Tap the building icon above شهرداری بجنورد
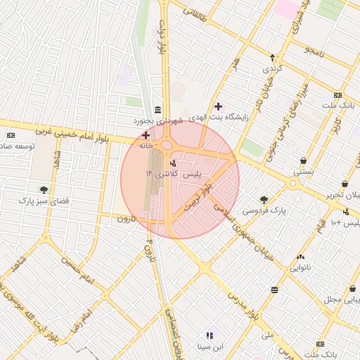155,110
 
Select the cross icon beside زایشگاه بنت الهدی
219,107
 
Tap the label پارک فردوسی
259,210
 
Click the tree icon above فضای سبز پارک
44,189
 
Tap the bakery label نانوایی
300,268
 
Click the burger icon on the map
274,290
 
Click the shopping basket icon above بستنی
303,160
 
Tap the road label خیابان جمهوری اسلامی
255,229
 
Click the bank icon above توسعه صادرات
11,135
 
